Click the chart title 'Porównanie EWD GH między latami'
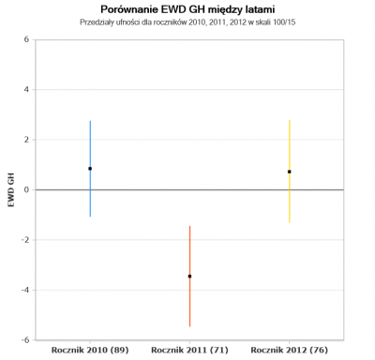pos(187,9)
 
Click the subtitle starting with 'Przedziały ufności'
pos(187,22)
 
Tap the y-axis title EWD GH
pos(11,189)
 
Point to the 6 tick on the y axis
pos(26,39)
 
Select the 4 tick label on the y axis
pos(26,90)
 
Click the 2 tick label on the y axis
pos(26,140)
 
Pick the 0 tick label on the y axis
pos(26,189)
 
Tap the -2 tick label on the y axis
pos(25,240)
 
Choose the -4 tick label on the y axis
pos(25,290)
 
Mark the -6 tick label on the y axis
pos(25,340)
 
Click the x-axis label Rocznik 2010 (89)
pos(90,351)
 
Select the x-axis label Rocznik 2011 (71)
pos(189,351)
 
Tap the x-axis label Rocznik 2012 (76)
pos(290,351)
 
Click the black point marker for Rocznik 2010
pos(90,169)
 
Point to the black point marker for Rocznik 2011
pos(189,277)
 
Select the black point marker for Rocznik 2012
pos(290,172)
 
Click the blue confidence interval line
pos(90,194)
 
